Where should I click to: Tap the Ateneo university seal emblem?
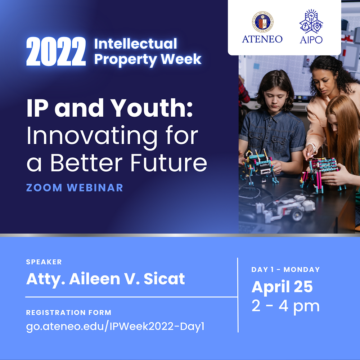click(262, 22)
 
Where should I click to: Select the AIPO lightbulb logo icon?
click(311, 21)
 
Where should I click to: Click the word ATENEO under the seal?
click(262, 39)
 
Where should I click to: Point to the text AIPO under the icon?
click(311, 39)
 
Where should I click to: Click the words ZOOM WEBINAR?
click(75, 188)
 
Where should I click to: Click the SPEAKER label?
click(44, 262)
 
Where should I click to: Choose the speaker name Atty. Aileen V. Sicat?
click(105, 279)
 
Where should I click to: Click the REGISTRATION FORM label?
click(69, 312)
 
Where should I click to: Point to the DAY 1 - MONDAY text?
click(285, 269)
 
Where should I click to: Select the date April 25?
click(282, 287)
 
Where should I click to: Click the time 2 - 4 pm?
click(285, 306)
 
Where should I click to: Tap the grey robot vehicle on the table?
click(284, 208)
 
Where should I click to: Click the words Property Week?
click(148, 59)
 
